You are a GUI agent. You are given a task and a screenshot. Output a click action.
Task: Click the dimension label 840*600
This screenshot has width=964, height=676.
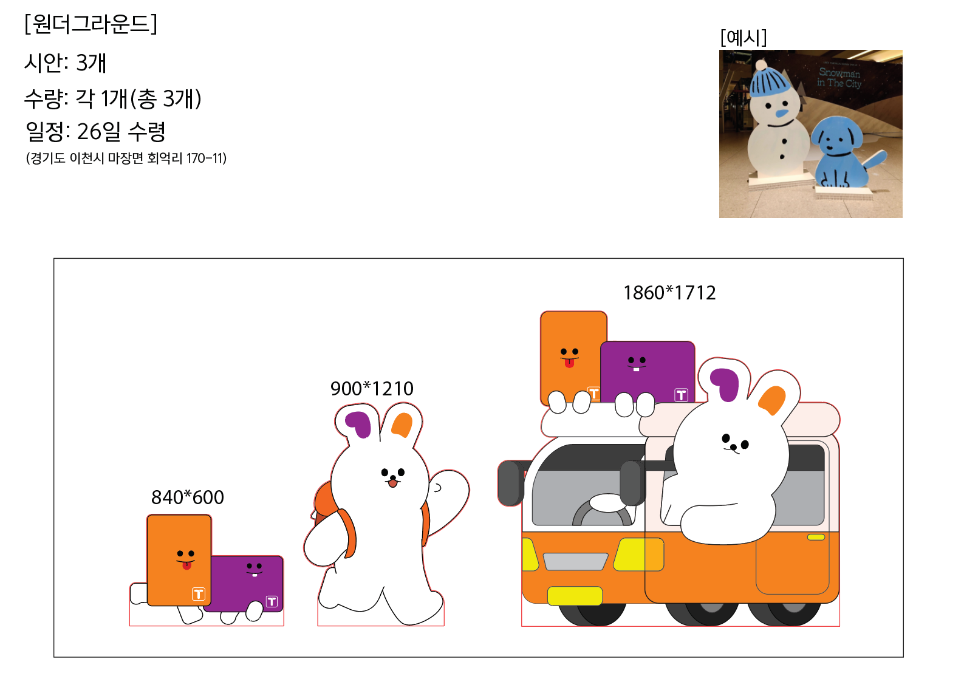[187, 497]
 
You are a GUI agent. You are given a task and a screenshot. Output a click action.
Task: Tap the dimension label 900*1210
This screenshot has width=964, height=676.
[372, 389]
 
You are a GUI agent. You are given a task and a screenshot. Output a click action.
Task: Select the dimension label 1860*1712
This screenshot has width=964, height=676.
[669, 293]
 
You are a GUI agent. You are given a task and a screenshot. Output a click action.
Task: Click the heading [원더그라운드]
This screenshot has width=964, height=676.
[91, 24]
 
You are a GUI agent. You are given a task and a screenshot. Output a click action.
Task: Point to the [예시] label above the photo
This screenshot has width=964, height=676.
[744, 38]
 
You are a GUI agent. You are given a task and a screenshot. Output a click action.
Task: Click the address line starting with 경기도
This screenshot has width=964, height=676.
[126, 159]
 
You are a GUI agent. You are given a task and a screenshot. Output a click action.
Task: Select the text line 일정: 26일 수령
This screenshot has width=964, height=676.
[95, 132]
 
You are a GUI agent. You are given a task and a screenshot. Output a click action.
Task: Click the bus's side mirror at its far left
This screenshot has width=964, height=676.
[510, 483]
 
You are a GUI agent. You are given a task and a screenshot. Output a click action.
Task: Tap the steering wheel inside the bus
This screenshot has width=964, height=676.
[603, 513]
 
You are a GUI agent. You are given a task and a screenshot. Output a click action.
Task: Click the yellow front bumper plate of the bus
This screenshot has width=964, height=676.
[575, 596]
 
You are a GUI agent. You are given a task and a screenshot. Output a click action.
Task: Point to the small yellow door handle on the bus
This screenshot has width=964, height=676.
[816, 537]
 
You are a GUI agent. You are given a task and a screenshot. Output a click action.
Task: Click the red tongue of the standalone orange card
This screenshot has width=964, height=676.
[186, 565]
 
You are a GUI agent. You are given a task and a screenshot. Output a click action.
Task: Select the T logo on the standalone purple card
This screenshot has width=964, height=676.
[272, 601]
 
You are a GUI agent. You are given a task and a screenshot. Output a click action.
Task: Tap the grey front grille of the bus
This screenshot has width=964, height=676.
[575, 562]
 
